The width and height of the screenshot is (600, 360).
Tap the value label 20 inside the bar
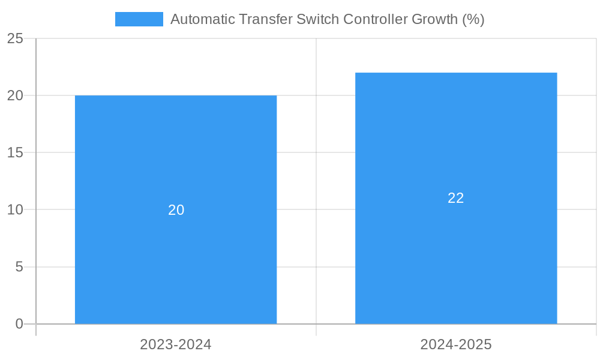coord(176,210)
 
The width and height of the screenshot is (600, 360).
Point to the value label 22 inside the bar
coord(456,198)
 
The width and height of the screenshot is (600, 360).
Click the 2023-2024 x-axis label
coord(176,344)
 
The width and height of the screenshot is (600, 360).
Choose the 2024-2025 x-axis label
coord(456,344)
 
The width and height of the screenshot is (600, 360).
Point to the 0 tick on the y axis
coord(19,324)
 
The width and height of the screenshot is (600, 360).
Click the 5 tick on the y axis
coord(19,266)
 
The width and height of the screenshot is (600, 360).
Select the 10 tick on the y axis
coord(16,209)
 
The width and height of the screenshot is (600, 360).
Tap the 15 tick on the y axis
coord(16,152)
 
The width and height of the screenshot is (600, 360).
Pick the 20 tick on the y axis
coord(16,95)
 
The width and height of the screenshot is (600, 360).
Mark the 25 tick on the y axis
coord(16,38)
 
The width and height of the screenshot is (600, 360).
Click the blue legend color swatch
coord(139,19)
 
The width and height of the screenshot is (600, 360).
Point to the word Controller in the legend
coord(375,19)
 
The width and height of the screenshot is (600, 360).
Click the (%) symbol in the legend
coord(473,19)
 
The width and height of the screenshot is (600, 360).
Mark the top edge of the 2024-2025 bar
coord(456,73)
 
